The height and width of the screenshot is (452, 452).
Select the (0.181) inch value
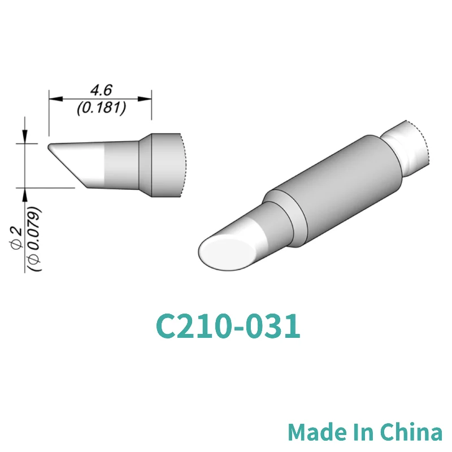[101, 107]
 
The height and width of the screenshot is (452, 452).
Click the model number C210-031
[227, 327]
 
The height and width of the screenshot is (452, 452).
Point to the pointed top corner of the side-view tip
[49, 146]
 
